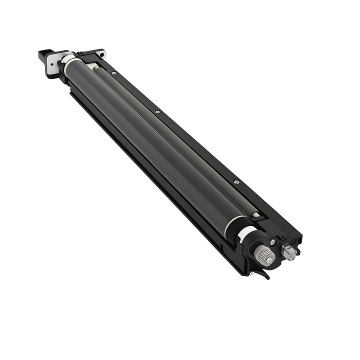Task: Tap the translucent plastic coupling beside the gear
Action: click(x=289, y=252)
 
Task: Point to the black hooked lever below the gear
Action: click(x=263, y=273)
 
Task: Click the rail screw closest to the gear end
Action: click(x=236, y=182)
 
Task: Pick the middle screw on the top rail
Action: click(x=157, y=112)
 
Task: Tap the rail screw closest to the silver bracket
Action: click(x=114, y=73)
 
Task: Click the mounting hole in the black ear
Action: click(x=101, y=53)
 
